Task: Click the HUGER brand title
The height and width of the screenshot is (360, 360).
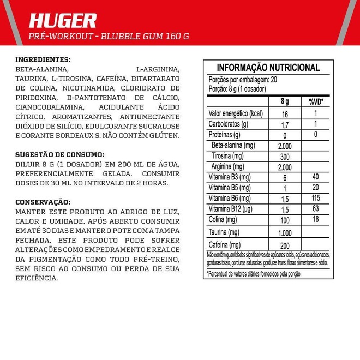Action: [62, 20]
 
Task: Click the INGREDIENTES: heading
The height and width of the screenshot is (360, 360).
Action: [44, 59]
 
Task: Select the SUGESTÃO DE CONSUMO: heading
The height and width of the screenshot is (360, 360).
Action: [59, 154]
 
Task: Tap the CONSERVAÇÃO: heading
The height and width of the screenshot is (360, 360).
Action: [43, 201]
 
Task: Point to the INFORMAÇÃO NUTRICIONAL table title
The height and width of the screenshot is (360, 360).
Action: [268, 68]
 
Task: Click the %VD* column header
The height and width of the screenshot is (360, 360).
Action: [316, 102]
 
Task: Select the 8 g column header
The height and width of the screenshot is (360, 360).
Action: [285, 102]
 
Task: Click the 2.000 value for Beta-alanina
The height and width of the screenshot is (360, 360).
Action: [285, 146]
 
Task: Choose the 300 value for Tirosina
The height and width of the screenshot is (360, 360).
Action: [285, 156]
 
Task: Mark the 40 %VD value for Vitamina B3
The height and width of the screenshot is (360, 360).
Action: [316, 177]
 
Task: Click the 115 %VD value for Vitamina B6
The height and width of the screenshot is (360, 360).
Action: [316, 199]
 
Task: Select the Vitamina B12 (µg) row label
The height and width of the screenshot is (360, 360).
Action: [232, 209]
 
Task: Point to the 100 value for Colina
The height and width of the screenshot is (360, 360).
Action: [285, 220]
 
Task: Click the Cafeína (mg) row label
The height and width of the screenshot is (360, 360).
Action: [224, 245]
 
